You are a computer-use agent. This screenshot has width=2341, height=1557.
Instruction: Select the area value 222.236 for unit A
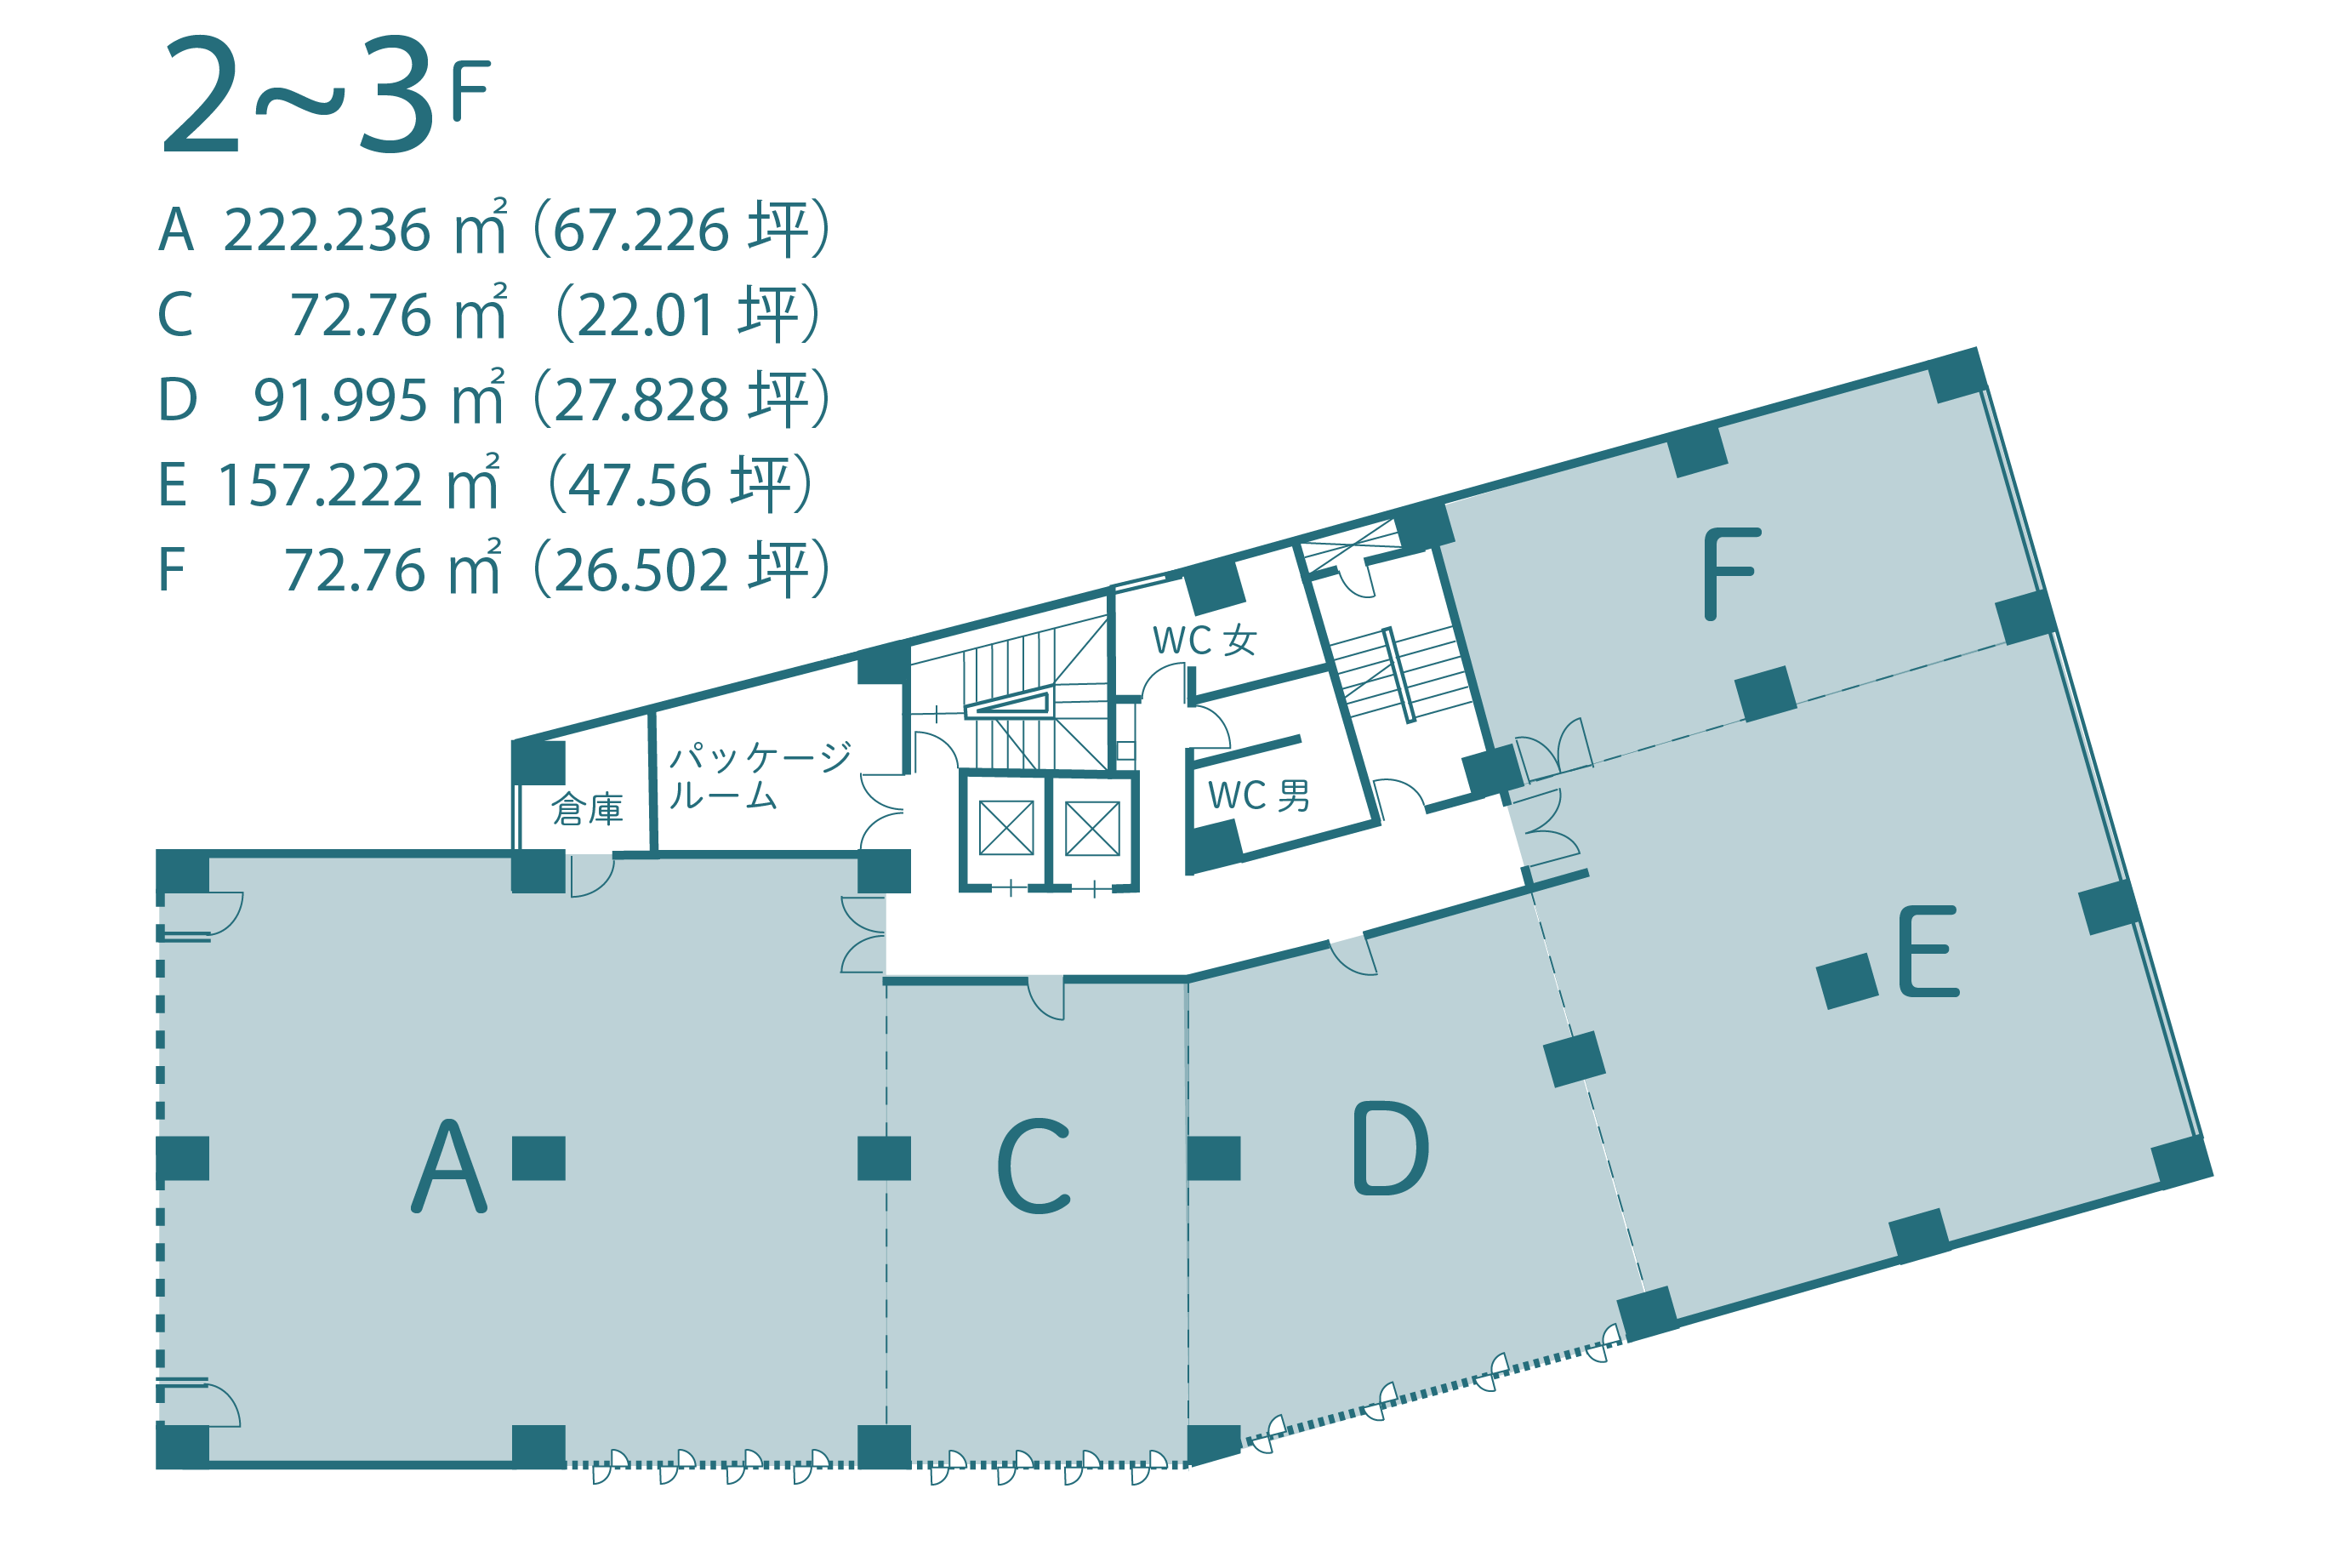click(327, 231)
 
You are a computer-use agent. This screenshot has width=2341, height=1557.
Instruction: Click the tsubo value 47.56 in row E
click(640, 486)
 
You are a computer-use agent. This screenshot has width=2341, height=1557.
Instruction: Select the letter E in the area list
click(173, 486)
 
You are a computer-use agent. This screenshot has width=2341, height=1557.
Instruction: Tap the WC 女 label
click(1205, 641)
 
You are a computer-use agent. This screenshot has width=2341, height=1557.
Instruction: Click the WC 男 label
click(1258, 796)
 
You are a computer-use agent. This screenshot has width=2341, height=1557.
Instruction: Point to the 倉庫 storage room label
click(588, 809)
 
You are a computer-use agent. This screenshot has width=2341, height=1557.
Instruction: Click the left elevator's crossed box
click(1005, 827)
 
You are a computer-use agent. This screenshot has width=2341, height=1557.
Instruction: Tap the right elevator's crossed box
click(1092, 827)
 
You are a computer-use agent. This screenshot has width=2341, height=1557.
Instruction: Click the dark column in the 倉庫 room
click(539, 761)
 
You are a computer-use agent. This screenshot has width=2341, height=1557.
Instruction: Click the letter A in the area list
click(177, 231)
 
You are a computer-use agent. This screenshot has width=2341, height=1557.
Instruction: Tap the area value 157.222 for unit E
click(320, 486)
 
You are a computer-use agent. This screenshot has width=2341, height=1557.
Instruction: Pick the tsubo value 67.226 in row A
click(641, 231)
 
